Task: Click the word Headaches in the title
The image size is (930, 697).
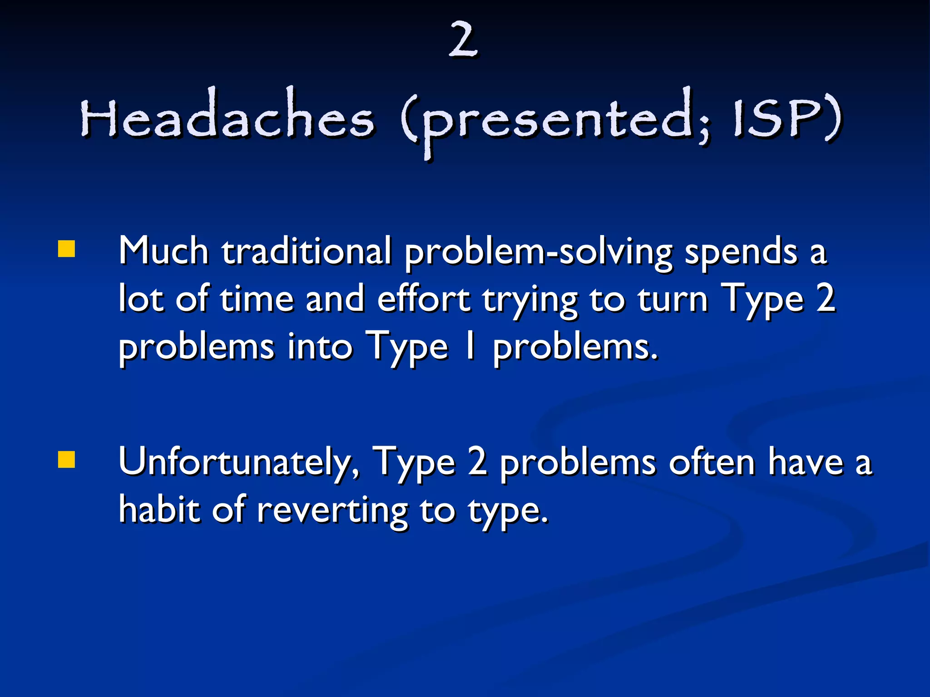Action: [227, 119]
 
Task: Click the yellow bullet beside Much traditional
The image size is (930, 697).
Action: [66, 249]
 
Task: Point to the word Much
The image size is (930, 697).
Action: [163, 251]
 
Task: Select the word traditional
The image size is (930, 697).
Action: [307, 251]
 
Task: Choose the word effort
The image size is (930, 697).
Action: [423, 299]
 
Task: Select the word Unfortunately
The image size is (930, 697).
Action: [238, 462]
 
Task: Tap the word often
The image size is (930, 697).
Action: [712, 462]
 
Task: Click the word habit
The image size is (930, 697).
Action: [159, 510]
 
